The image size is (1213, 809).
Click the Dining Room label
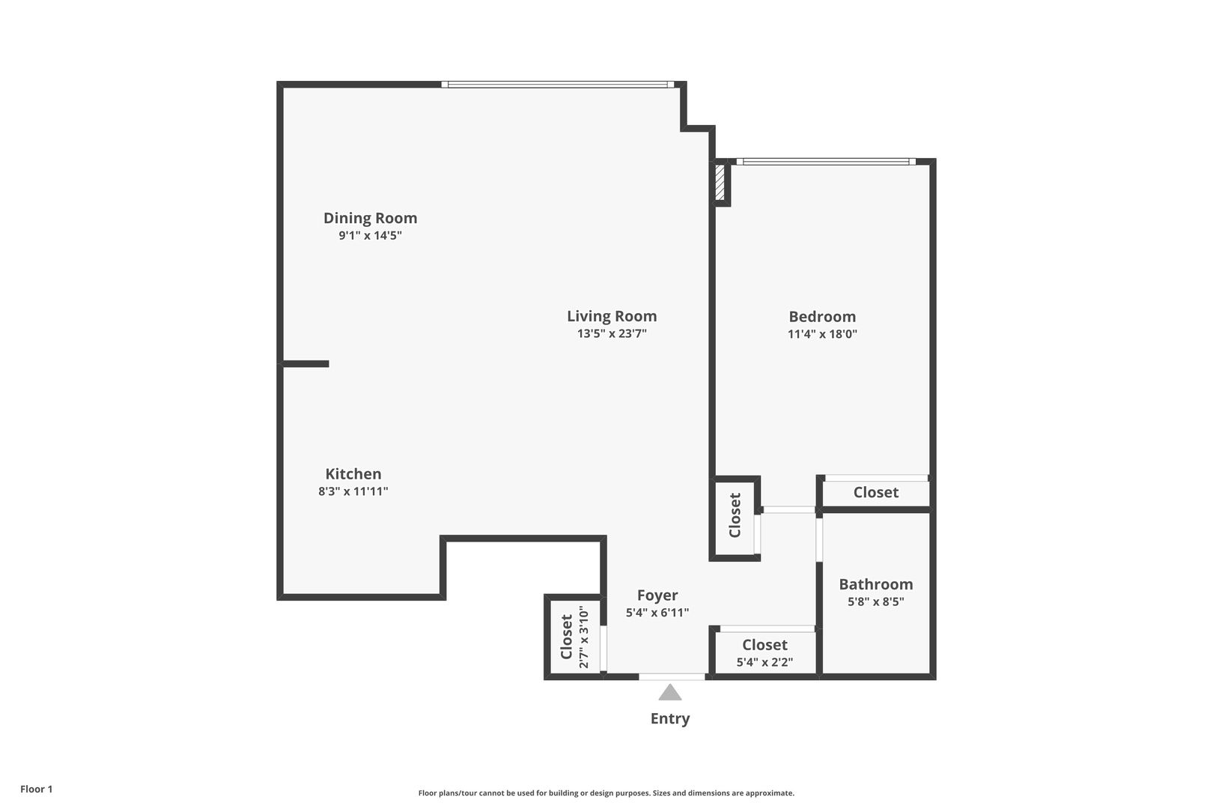tap(370, 218)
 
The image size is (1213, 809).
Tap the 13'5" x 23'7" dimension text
tap(612, 334)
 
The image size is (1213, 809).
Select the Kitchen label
tap(353, 474)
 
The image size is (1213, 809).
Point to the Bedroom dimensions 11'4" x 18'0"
tap(822, 334)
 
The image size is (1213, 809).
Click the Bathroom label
tap(875, 584)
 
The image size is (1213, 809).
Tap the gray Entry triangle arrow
tap(670, 693)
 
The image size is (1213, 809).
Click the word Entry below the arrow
tap(670, 718)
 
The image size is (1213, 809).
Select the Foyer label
tap(657, 596)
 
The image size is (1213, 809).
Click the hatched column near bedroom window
tap(720, 182)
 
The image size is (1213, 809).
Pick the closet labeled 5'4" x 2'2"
tap(764, 652)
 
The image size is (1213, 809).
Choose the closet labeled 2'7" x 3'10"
tap(574, 637)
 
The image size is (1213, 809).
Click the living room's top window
tap(558, 85)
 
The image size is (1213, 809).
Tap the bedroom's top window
tap(826, 162)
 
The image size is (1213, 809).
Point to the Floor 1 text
tap(37, 789)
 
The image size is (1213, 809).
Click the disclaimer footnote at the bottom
tap(606, 793)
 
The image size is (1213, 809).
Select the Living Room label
tap(612, 316)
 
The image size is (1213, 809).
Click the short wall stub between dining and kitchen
tap(305, 364)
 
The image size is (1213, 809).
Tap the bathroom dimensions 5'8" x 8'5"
tap(875, 602)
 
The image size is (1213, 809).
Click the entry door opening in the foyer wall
tap(672, 677)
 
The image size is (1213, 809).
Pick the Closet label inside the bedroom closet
tap(875, 492)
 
